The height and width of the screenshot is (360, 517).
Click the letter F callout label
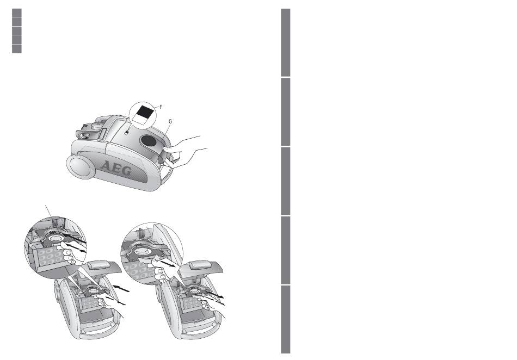tap(161, 107)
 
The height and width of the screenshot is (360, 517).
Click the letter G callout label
tap(170, 121)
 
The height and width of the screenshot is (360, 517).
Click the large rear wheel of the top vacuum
tap(79, 167)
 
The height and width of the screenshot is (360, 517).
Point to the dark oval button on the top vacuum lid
tap(148, 141)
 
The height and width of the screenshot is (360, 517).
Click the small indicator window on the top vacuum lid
tap(127, 132)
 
